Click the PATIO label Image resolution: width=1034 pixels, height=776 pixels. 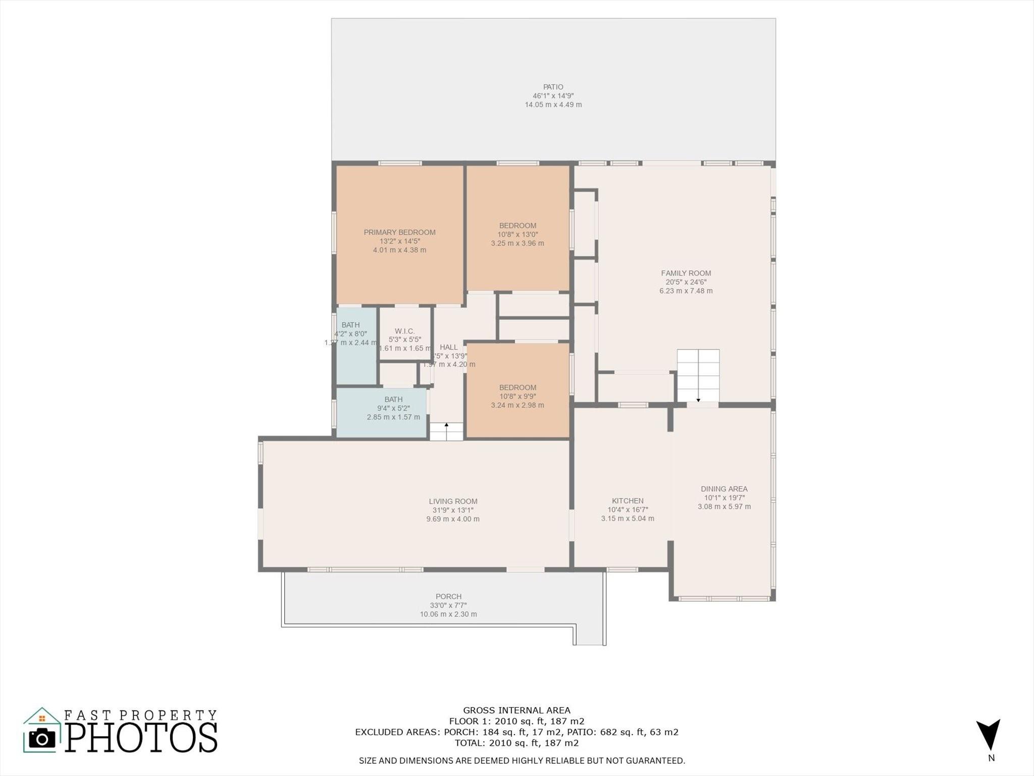click(x=553, y=87)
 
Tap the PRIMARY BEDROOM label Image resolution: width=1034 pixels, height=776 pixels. click(x=399, y=232)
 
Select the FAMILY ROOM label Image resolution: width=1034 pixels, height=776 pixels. click(x=686, y=273)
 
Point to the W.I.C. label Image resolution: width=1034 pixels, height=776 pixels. click(x=404, y=331)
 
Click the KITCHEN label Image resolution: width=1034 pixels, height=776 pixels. click(x=628, y=501)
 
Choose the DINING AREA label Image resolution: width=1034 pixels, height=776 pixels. click(x=723, y=489)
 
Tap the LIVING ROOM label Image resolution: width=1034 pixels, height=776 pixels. click(x=453, y=501)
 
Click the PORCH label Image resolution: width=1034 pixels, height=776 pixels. click(x=448, y=596)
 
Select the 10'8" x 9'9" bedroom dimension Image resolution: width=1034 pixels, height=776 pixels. click(x=518, y=397)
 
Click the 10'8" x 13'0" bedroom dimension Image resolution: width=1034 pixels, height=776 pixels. click(x=518, y=234)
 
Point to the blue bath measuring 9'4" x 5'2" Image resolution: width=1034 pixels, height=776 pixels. click(x=382, y=412)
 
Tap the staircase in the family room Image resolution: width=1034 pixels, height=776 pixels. click(x=698, y=375)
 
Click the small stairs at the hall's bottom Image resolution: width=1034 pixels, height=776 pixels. click(x=446, y=431)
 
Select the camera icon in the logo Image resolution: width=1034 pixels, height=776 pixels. click(x=42, y=739)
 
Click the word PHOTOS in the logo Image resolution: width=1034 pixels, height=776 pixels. click(x=141, y=738)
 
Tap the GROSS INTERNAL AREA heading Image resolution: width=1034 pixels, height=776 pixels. click(x=516, y=710)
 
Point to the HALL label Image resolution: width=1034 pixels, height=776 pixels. click(x=448, y=347)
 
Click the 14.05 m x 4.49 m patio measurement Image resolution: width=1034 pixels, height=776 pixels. click(x=553, y=105)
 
